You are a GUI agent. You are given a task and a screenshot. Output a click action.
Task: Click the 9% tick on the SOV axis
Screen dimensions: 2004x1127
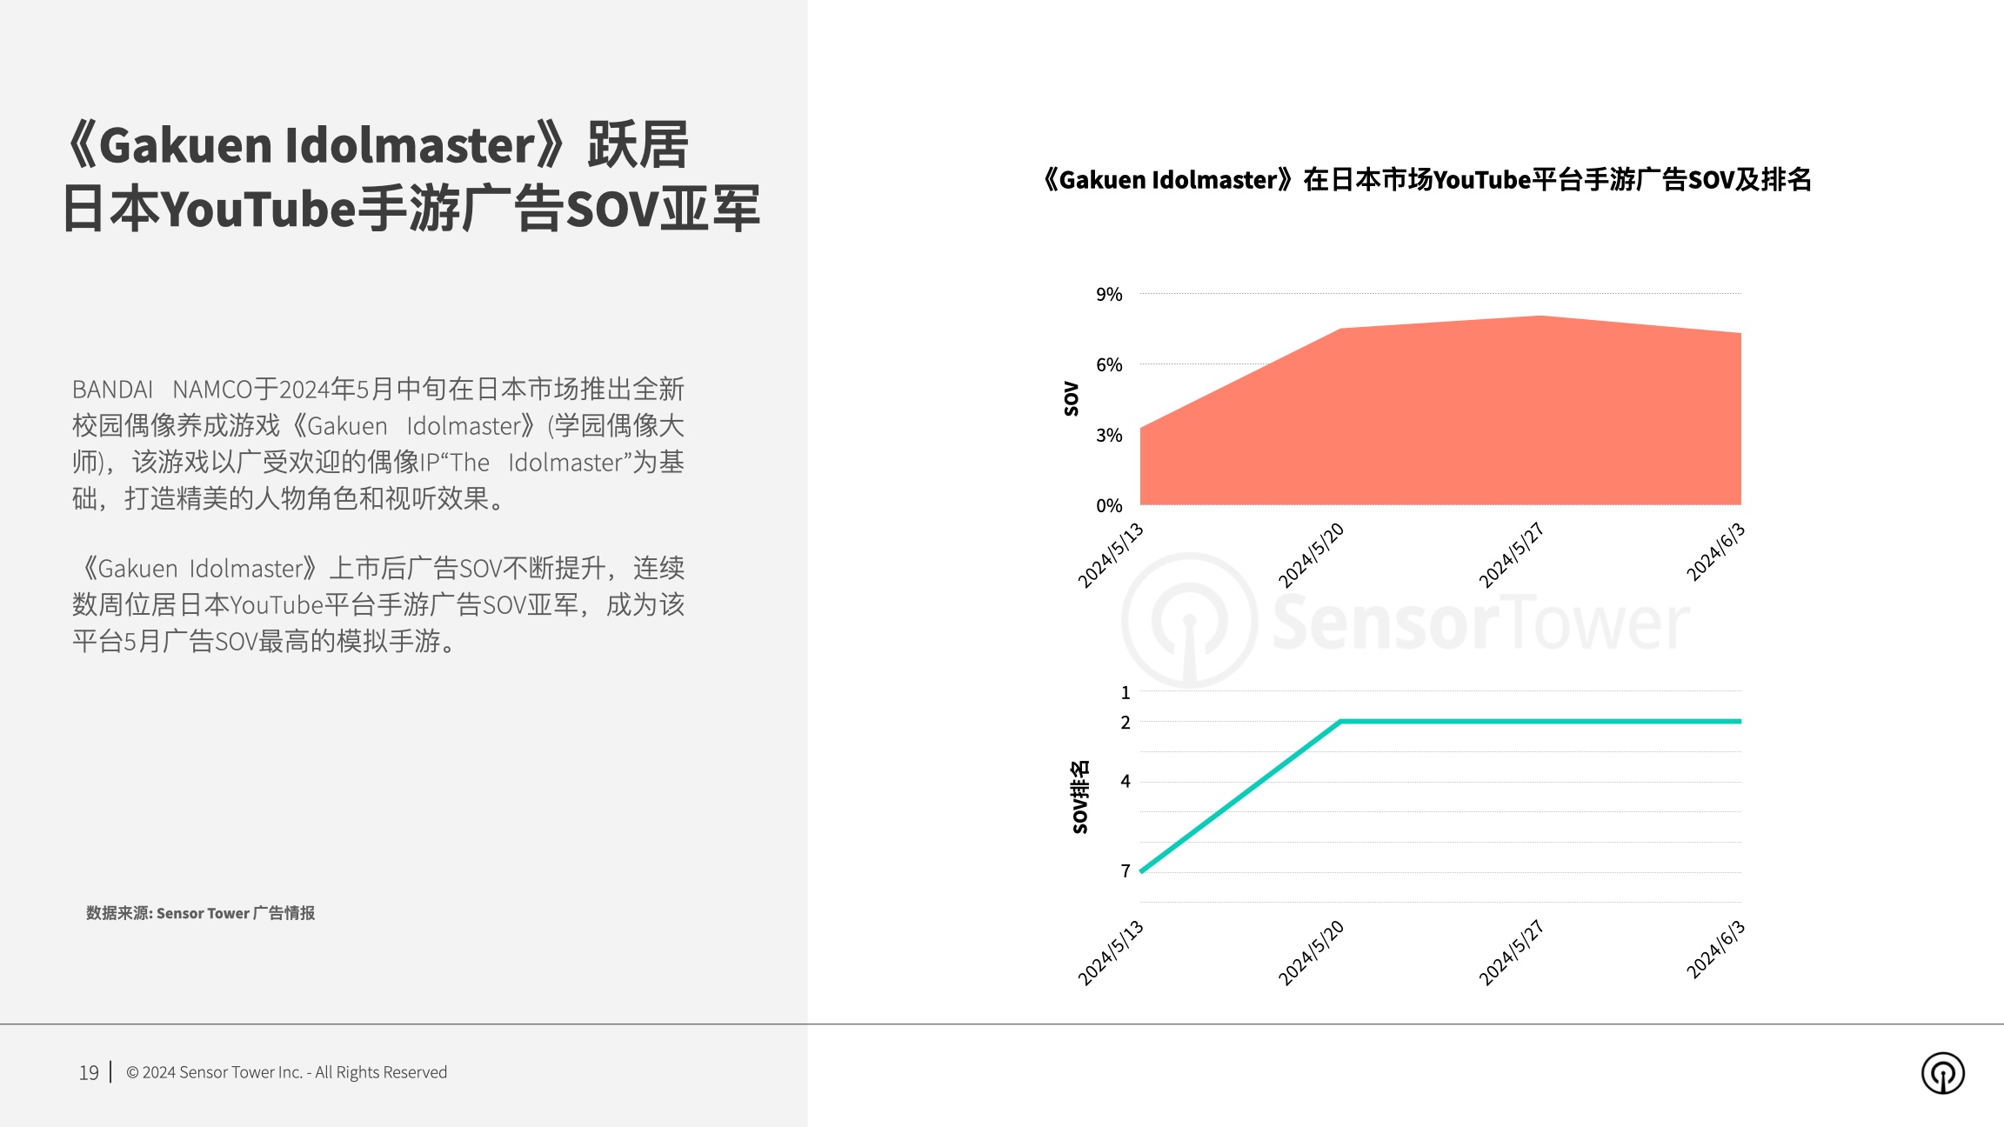(1109, 295)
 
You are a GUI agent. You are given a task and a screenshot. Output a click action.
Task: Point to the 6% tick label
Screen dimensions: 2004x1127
(1109, 365)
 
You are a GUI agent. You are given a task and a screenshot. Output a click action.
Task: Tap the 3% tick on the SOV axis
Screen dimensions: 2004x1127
(1109, 436)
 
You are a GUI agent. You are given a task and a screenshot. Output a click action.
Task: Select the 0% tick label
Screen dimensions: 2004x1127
(1109, 506)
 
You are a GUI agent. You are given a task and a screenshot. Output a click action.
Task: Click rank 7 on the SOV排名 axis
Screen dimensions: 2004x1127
(1126, 871)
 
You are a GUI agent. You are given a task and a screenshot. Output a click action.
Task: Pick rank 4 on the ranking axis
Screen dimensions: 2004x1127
(1126, 782)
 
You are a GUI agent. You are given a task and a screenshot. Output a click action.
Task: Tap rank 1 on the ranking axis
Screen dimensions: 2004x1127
(1126, 693)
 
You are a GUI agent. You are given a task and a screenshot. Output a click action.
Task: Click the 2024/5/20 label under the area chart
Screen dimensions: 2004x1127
(1311, 556)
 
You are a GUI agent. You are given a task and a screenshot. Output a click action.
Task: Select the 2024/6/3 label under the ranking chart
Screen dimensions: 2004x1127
(1715, 950)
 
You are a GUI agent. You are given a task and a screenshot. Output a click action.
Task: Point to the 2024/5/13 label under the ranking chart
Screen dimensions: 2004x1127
(1111, 953)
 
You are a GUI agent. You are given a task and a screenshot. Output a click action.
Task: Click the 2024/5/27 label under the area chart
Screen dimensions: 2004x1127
(1511, 556)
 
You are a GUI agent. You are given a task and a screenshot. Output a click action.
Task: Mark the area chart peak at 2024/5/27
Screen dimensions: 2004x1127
(1541, 316)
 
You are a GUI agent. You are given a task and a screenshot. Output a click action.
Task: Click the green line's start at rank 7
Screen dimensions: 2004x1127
(1141, 871)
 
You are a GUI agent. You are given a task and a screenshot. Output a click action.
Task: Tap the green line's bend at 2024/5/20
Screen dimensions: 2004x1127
(1341, 722)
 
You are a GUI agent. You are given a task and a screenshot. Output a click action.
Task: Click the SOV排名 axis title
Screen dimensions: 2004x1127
(1079, 797)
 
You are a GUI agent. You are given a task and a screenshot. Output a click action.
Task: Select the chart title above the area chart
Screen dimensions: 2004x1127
(1426, 180)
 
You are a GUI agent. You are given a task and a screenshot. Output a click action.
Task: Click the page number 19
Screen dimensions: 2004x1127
(89, 1073)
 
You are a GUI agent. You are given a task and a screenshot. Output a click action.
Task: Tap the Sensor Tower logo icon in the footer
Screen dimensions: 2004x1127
(1943, 1073)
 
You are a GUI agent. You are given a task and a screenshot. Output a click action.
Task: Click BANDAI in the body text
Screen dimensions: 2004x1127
(112, 390)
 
